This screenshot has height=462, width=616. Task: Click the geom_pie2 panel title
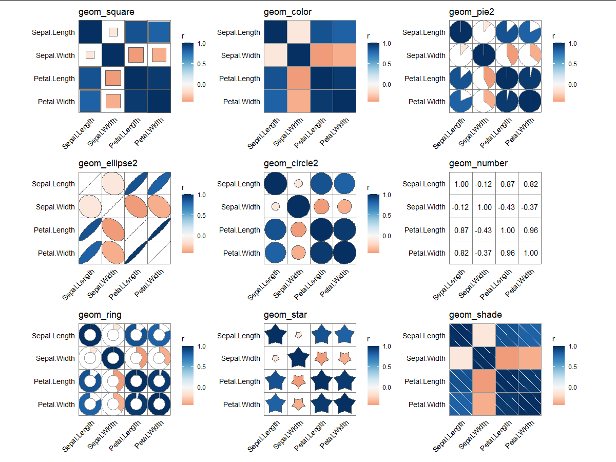pos(471,12)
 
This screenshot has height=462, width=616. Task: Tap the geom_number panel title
pos(478,163)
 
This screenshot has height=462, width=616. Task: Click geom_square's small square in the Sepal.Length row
pos(113,32)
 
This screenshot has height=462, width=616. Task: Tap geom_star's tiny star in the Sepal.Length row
pos(298,335)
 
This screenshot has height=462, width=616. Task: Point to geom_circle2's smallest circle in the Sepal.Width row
pos(276,206)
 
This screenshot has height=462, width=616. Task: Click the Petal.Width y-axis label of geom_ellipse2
pos(56,253)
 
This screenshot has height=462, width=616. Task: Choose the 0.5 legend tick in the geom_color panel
pos(385,64)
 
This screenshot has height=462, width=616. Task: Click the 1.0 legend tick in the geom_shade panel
pos(571,346)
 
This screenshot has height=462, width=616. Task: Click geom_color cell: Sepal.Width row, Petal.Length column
pos(321,55)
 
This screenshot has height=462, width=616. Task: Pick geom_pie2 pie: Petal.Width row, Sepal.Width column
pos(484,101)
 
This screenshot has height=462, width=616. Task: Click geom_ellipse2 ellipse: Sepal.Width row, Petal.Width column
pos(160,207)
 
